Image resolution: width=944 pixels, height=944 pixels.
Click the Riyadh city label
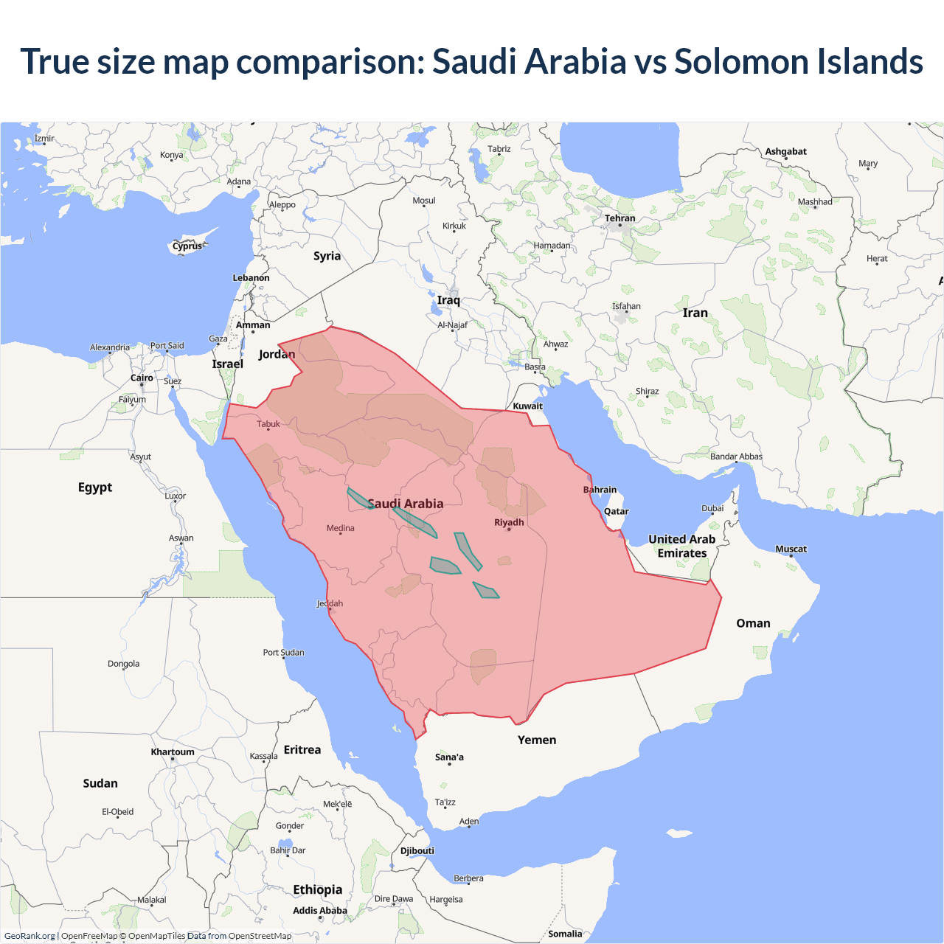pyautogui.click(x=509, y=522)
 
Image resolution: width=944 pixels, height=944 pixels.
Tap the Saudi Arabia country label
pyautogui.click(x=406, y=504)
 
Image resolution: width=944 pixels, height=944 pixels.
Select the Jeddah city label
pyautogui.click(x=330, y=603)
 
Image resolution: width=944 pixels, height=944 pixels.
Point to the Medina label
pyautogui.click(x=340, y=528)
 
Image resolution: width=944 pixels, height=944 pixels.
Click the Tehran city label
pyautogui.click(x=619, y=218)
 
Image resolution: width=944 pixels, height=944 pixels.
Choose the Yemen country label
pyautogui.click(x=537, y=740)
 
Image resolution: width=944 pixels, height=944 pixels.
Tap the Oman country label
pyautogui.click(x=753, y=623)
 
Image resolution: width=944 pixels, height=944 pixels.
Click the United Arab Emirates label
pyautogui.click(x=682, y=546)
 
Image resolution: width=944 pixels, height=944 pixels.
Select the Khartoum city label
pyautogui.click(x=173, y=752)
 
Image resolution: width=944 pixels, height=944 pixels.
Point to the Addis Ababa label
pyautogui.click(x=319, y=911)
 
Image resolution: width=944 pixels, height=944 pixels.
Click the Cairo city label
pyautogui.click(x=142, y=378)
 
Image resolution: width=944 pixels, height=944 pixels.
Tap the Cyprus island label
pyautogui.click(x=187, y=246)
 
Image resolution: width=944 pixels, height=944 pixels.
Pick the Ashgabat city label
pyautogui.click(x=785, y=151)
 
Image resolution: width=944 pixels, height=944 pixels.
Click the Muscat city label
pyautogui.click(x=791, y=549)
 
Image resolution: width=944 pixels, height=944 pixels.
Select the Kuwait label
pyautogui.click(x=527, y=406)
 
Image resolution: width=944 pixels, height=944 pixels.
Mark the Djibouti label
pyautogui.click(x=417, y=850)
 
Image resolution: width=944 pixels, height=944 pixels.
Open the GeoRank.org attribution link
pyautogui.click(x=29, y=936)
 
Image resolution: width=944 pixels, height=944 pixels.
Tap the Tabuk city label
pyautogui.click(x=268, y=424)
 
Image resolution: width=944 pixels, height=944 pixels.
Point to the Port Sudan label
pyautogui.click(x=283, y=653)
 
